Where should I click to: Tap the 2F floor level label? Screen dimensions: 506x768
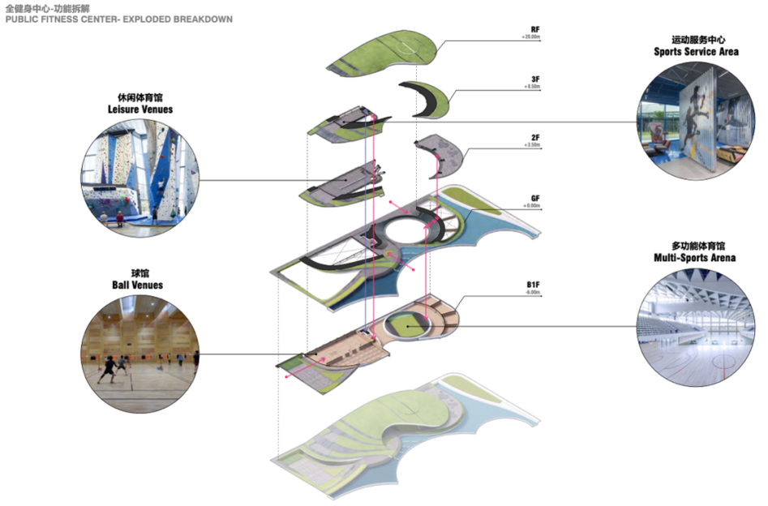(x=535, y=139)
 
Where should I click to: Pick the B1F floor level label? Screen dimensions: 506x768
(x=533, y=285)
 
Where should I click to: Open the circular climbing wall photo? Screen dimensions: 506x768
(x=139, y=178)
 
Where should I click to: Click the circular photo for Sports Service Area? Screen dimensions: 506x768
(x=696, y=120)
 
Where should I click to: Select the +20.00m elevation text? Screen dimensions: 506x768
(x=532, y=38)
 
